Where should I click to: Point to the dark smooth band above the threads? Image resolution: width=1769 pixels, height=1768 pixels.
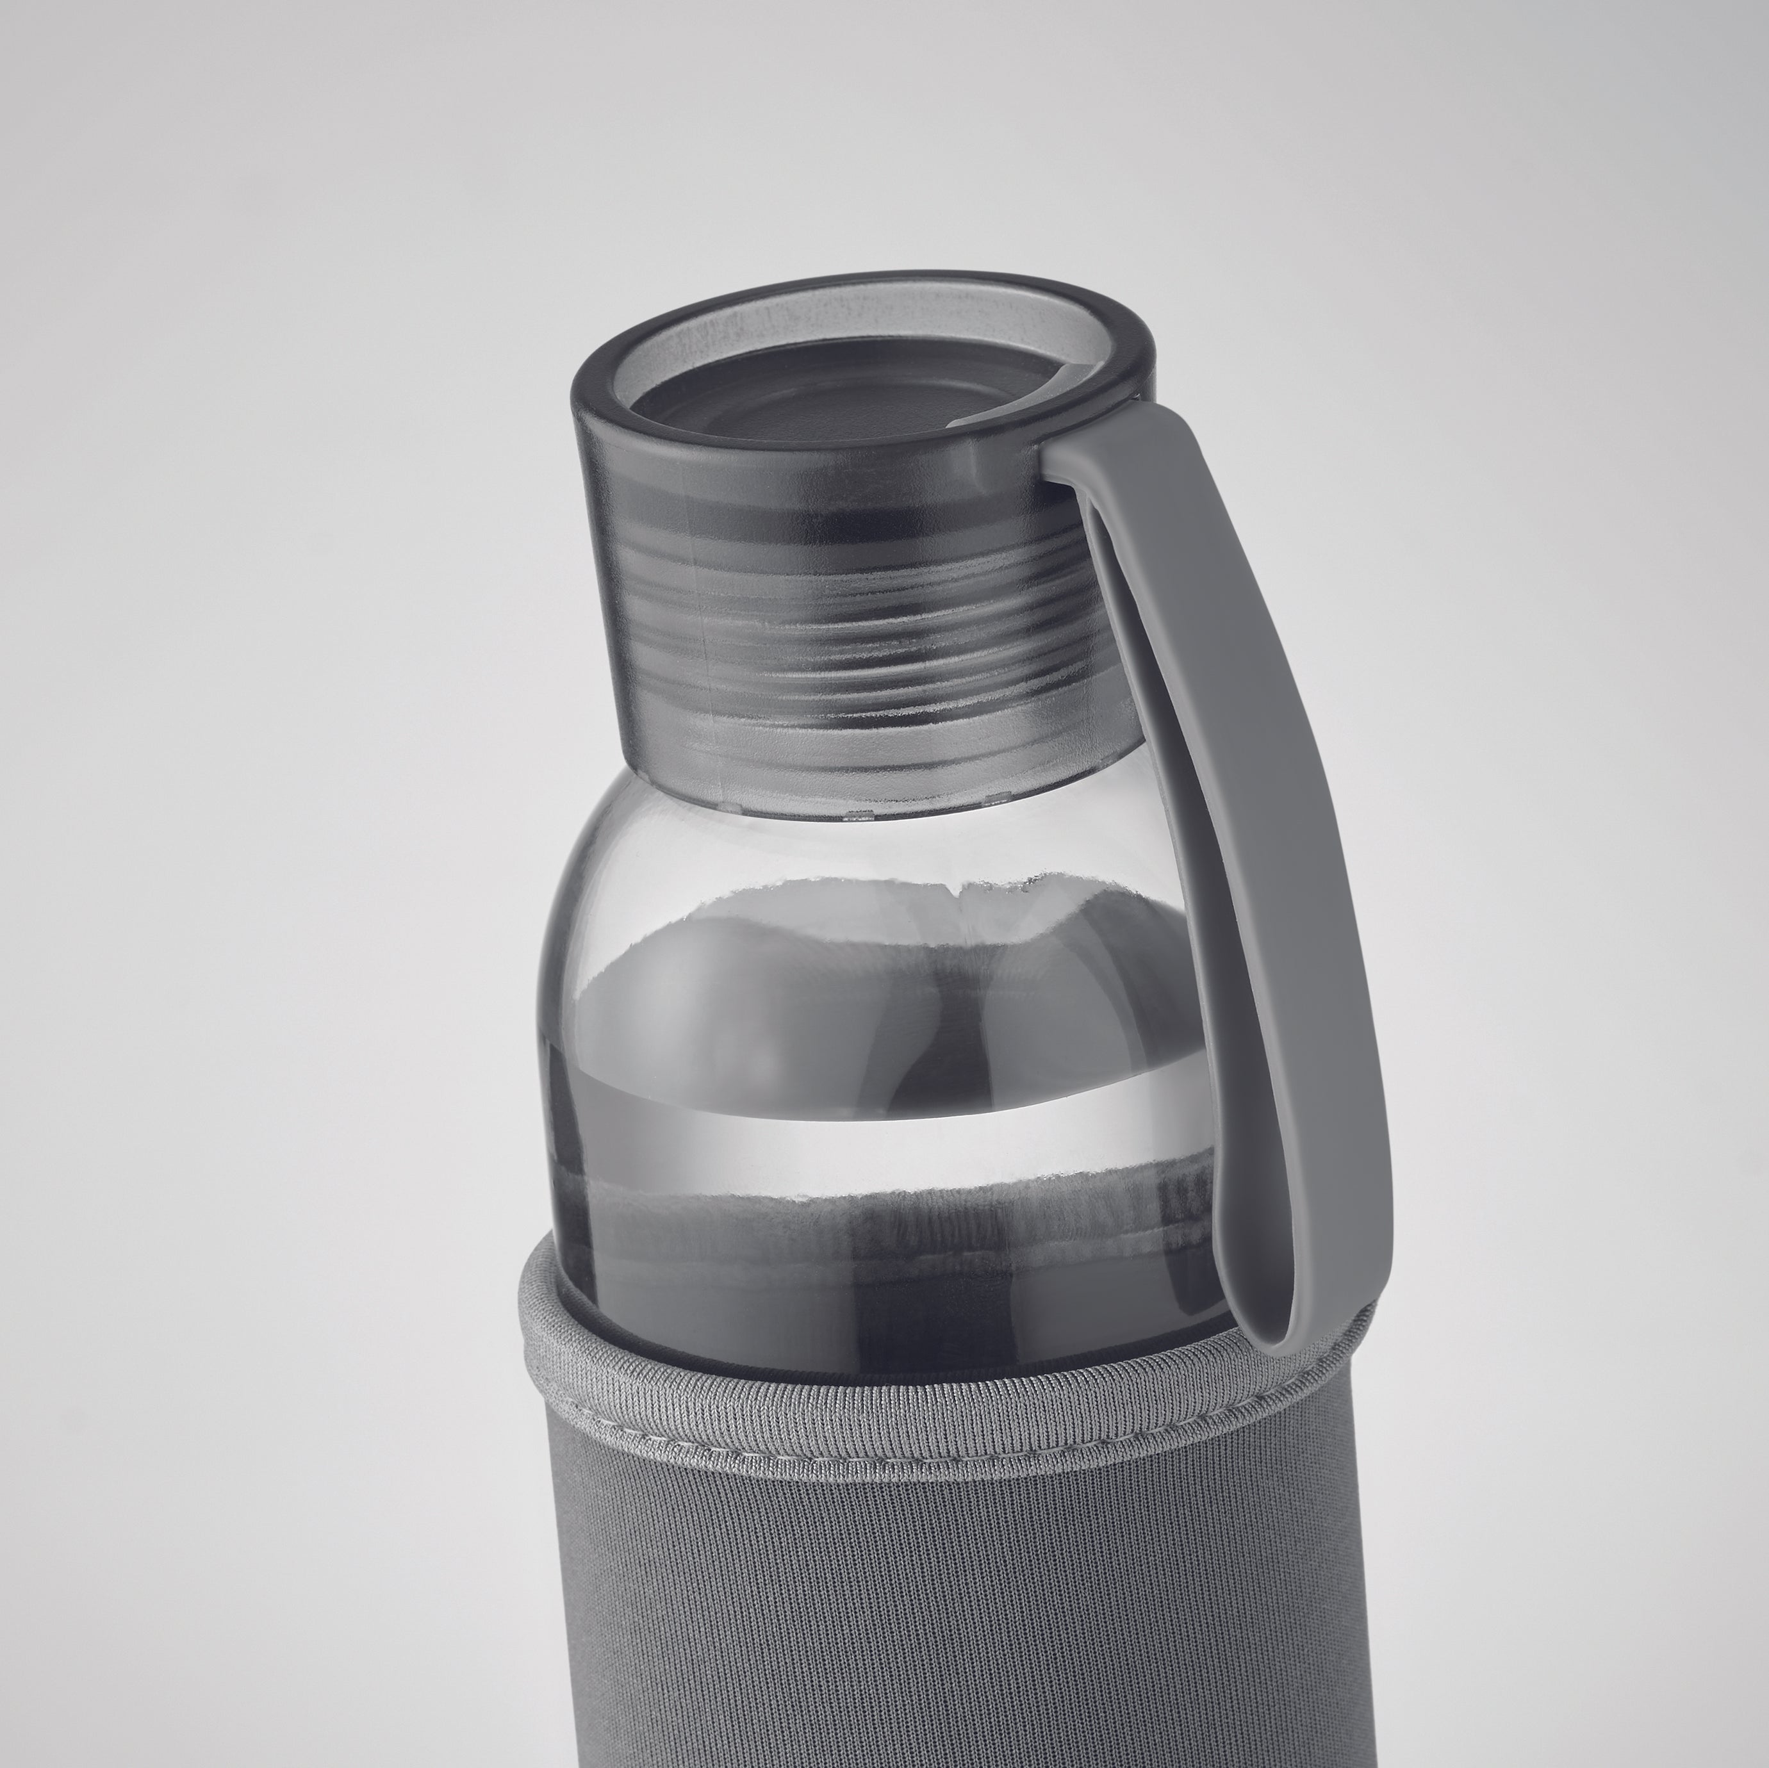tap(824, 512)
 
